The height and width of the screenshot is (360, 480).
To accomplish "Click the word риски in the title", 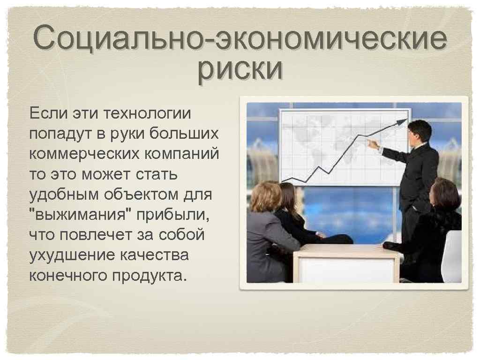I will tap(240, 69).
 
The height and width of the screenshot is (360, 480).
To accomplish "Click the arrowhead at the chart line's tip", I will tap(402, 122).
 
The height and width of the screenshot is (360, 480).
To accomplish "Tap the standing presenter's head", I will tap(419, 131).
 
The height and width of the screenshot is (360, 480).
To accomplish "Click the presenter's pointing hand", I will tap(373, 143).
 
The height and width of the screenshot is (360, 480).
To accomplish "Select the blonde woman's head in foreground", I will tap(265, 196).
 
